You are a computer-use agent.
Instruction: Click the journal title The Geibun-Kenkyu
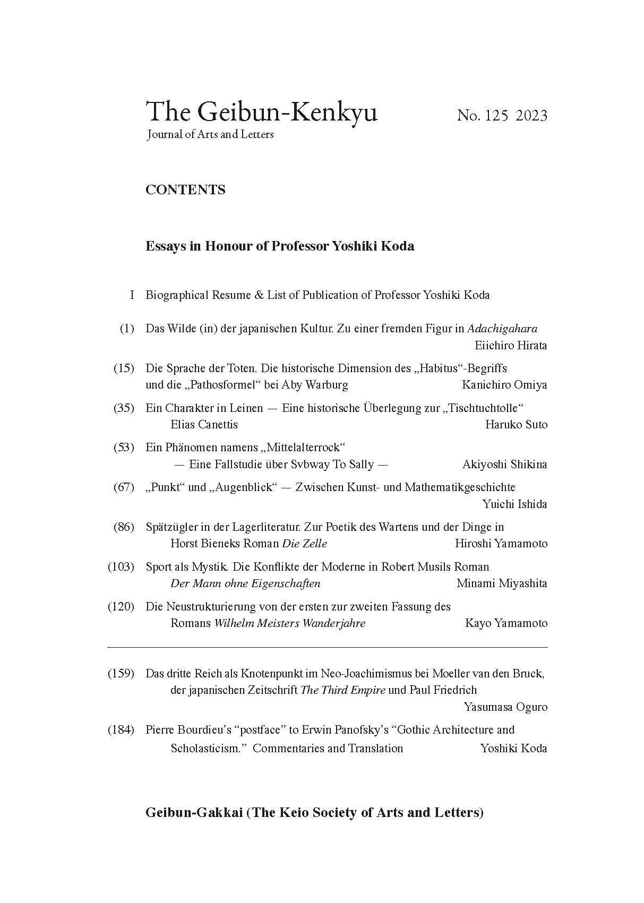(x=261, y=112)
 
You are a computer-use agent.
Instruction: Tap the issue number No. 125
(x=483, y=116)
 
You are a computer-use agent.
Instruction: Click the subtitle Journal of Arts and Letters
(x=210, y=135)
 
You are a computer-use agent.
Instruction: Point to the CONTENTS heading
(x=185, y=190)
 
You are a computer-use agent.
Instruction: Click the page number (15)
(x=124, y=368)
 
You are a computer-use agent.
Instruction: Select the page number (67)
(x=124, y=487)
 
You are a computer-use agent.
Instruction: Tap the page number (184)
(x=121, y=730)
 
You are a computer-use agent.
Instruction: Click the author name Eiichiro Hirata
(x=511, y=346)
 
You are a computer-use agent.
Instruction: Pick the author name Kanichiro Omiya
(x=504, y=385)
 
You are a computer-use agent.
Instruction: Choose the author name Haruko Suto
(x=516, y=425)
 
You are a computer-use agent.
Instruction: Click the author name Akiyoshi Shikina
(x=504, y=465)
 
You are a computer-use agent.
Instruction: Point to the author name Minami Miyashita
(x=502, y=583)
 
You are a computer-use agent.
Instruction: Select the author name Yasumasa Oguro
(x=505, y=707)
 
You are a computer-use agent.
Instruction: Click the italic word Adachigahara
(x=502, y=329)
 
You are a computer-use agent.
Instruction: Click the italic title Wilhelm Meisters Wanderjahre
(x=289, y=623)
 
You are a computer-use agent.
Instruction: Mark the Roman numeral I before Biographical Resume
(x=132, y=295)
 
